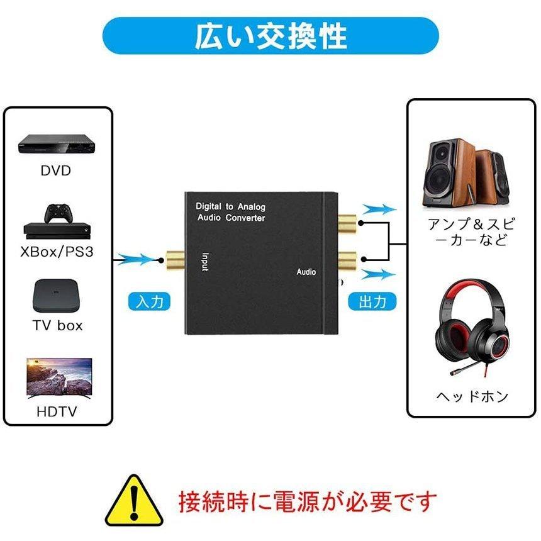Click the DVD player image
coord(57,144)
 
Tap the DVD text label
coord(56,170)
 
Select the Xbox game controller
coord(59,214)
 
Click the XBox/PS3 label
coord(57,252)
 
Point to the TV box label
coord(58,325)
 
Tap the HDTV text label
coord(57,411)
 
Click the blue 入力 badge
coord(149,301)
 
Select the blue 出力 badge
coord(372,301)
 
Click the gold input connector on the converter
coord(176,260)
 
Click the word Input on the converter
coord(205,262)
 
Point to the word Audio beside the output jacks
coord(306,272)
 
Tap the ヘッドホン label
coord(472,396)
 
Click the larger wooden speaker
coord(448,173)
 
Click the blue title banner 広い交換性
coord(270,35)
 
